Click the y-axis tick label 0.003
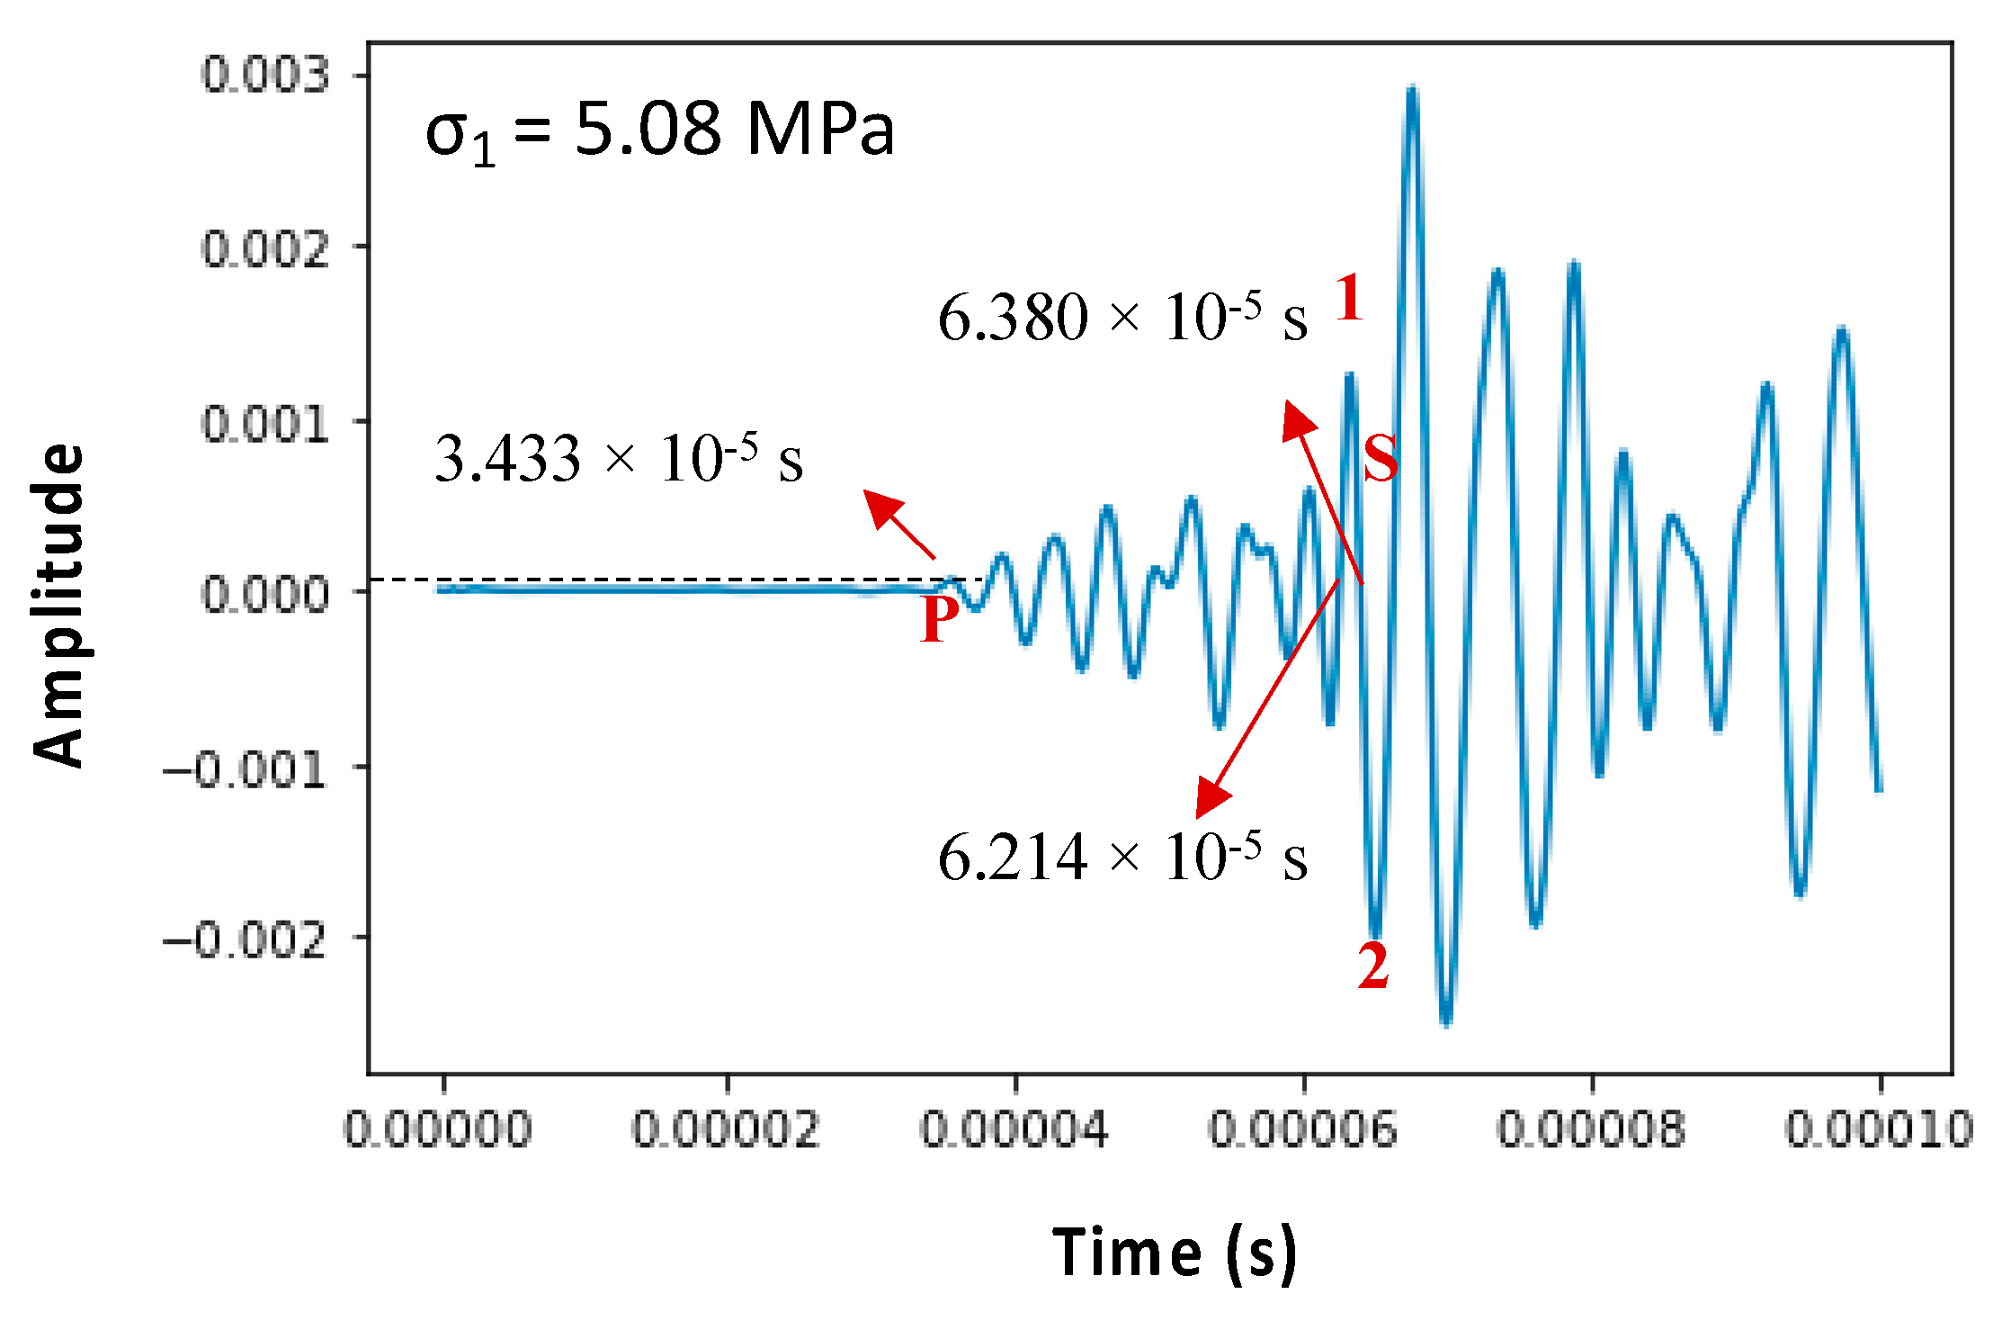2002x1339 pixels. tap(265, 75)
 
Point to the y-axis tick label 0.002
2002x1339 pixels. tap(265, 248)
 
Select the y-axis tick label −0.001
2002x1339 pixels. tap(244, 770)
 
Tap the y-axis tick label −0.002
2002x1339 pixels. tap(244, 941)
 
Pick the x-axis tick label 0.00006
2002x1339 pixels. tap(1302, 1128)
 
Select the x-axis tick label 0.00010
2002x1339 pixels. tap(1878, 1128)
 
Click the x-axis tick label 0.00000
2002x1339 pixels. tap(439, 1128)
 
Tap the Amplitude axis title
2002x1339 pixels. tap(59, 605)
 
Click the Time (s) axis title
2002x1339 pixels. tap(1175, 1252)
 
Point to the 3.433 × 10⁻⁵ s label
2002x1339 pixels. tap(619, 459)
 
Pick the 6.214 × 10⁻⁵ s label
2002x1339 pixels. tap(1122, 857)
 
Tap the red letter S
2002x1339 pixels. tap(1381, 458)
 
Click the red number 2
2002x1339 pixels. tap(1373, 966)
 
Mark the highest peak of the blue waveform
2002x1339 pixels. tap(1412, 90)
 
